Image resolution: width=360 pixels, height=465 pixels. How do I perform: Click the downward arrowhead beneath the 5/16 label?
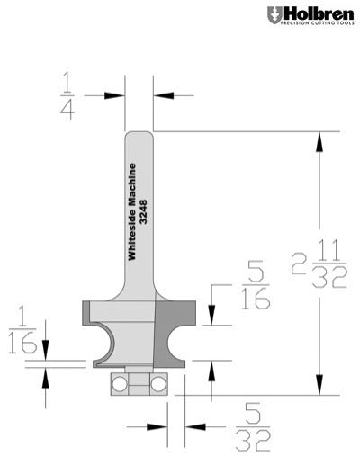coord(211,317)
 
